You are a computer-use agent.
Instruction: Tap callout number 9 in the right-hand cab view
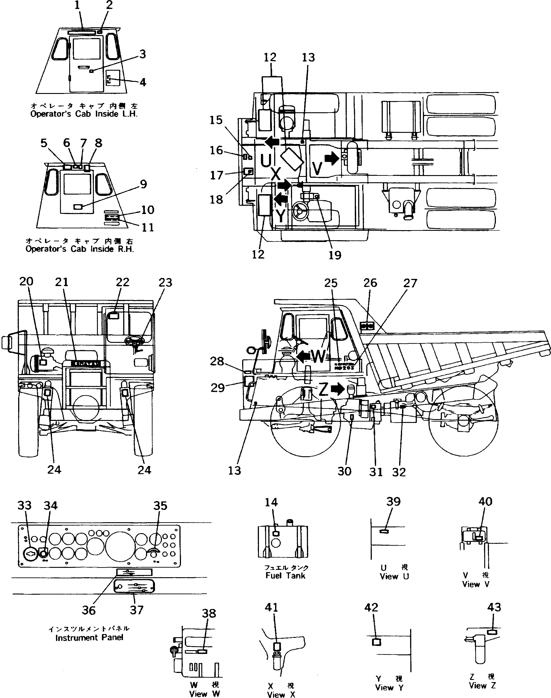(x=143, y=184)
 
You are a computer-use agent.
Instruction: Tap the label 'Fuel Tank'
(x=285, y=576)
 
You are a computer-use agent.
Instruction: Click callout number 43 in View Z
(x=494, y=607)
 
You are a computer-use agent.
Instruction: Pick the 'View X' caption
(x=281, y=694)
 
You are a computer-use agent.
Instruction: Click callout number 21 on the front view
(x=62, y=282)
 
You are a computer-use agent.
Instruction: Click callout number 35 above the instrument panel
(x=160, y=506)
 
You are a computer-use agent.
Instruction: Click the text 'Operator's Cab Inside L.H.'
(x=84, y=114)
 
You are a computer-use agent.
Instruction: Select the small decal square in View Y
(x=377, y=642)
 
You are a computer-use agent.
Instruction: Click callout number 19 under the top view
(x=335, y=255)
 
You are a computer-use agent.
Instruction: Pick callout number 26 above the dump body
(x=370, y=283)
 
